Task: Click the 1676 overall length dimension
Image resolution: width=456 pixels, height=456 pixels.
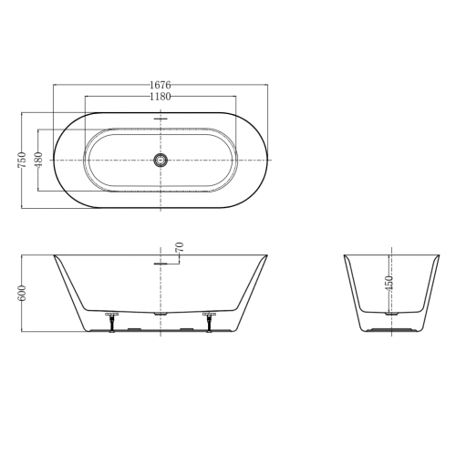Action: (161, 85)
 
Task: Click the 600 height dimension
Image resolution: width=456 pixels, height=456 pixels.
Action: (21, 293)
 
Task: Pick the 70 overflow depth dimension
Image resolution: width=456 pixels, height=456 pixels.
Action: (180, 247)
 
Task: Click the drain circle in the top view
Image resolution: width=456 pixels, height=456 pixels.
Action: (161, 160)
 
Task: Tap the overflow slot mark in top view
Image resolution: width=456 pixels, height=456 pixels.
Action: (161, 118)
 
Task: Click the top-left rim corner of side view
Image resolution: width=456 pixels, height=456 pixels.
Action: (54, 255)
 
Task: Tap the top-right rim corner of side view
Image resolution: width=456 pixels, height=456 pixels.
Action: (268, 255)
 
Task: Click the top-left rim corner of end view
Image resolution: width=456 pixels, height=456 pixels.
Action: (344, 255)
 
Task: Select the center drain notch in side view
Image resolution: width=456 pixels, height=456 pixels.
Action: (161, 313)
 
